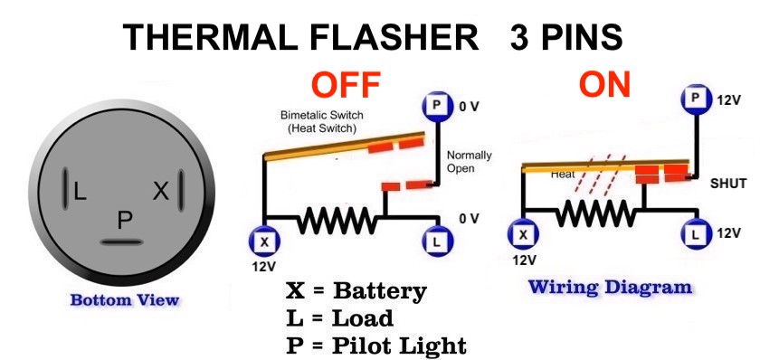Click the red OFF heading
345,85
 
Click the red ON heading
605,85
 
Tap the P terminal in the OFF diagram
437,107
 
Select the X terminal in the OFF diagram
263,241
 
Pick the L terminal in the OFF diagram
437,241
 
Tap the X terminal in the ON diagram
522,236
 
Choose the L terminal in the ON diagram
696,236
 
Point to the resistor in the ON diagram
595,213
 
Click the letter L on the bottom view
80,191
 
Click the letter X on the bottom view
161,191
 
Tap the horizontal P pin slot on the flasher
122,242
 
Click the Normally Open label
469,162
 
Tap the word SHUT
728,184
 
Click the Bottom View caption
125,300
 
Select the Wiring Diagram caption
610,288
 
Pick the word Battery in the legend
380,290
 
